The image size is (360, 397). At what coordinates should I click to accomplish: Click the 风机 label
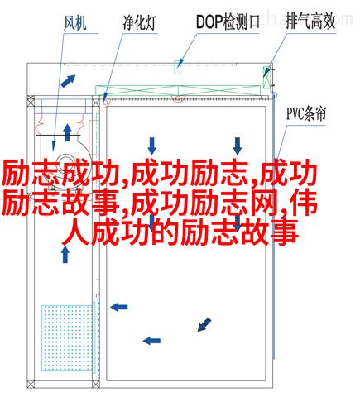point(75,23)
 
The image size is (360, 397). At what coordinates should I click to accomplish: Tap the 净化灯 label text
point(140,22)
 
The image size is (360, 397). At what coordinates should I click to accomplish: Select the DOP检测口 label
point(228,22)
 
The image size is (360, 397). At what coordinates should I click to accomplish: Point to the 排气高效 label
point(310,22)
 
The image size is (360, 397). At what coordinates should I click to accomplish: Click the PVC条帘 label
point(306,113)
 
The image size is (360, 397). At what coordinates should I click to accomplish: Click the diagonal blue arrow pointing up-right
point(68,81)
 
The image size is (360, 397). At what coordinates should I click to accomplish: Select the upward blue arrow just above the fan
point(67,132)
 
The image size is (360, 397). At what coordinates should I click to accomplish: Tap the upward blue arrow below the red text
point(65,254)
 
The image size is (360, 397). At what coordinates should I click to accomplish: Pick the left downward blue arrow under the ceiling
point(151,146)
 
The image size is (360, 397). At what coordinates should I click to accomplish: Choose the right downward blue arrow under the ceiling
point(238,146)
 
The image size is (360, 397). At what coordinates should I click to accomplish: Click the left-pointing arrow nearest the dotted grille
point(119,307)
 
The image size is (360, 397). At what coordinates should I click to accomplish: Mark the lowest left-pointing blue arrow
point(151,341)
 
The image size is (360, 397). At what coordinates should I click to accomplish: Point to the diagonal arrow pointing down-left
point(204,324)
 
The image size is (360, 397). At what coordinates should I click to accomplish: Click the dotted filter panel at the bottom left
point(67,337)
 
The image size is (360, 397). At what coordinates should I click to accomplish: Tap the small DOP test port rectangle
point(178,67)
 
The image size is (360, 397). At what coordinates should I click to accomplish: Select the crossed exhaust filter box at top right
point(266,78)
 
